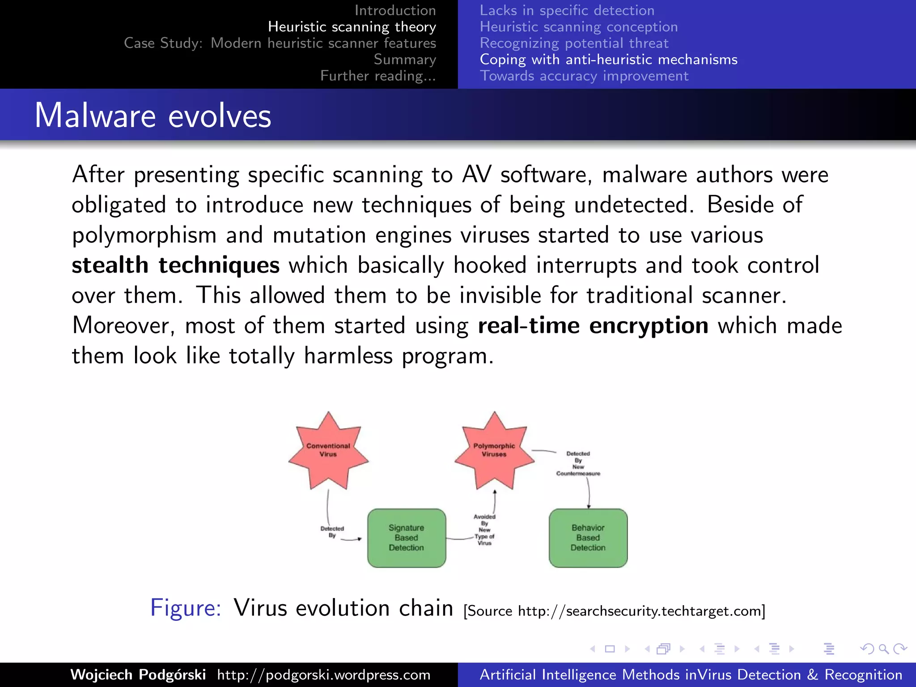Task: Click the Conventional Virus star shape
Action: [x=328, y=450]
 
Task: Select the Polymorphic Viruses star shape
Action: [x=494, y=450]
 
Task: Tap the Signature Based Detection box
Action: [x=407, y=538]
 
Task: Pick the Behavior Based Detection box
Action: [x=588, y=538]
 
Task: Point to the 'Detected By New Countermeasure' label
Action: [x=578, y=463]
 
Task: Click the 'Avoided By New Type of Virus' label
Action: [x=484, y=530]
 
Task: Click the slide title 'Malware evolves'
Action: [x=153, y=115]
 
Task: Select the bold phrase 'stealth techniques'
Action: [x=176, y=265]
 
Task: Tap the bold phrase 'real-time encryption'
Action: [x=593, y=325]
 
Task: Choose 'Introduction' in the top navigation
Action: [x=395, y=10]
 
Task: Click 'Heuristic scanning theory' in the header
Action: [x=352, y=27]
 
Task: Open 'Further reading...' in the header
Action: [x=378, y=76]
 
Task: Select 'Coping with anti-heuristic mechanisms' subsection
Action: [x=608, y=59]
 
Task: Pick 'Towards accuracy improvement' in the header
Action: [x=584, y=76]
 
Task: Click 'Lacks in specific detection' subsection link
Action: [x=567, y=10]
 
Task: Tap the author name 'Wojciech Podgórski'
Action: [x=138, y=674]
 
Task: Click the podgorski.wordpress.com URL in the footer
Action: [x=324, y=674]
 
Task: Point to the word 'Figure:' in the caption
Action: [x=186, y=608]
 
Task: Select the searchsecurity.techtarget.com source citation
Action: [x=614, y=611]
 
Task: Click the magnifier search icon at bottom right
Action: [x=883, y=649]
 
